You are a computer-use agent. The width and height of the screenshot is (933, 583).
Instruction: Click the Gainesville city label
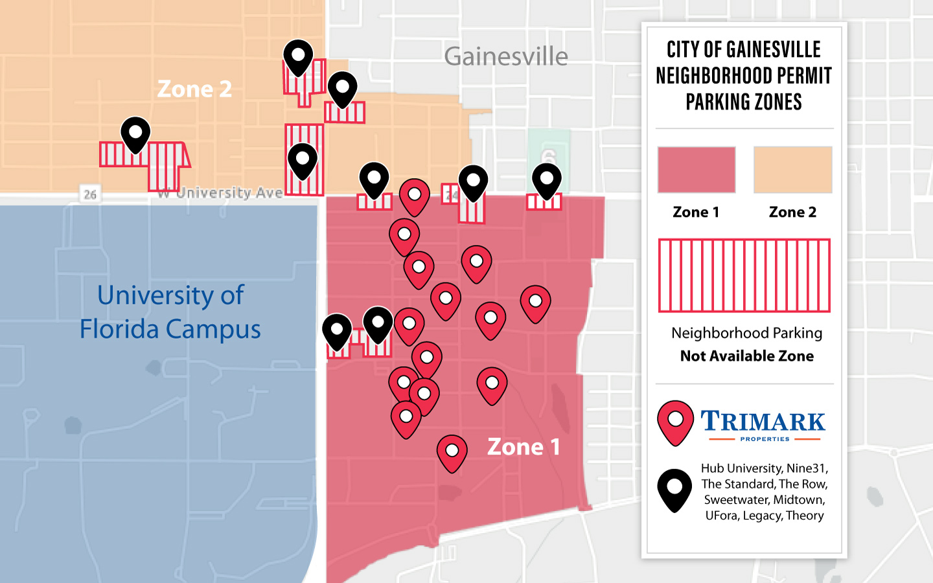click(505, 57)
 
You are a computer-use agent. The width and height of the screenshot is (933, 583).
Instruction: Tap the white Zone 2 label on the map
click(194, 89)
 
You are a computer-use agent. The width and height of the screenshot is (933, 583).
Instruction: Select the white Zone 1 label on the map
click(524, 447)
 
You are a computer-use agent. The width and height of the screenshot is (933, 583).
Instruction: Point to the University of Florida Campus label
click(170, 312)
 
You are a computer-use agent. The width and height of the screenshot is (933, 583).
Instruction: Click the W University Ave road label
click(220, 192)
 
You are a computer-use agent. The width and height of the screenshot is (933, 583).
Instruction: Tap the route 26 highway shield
click(90, 194)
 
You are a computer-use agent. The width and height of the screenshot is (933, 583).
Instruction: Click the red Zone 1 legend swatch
click(697, 170)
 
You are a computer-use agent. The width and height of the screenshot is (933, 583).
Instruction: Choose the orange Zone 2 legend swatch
click(792, 170)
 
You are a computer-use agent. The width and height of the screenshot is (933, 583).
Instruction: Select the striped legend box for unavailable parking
click(744, 275)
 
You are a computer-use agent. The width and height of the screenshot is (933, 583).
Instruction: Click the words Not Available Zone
click(746, 356)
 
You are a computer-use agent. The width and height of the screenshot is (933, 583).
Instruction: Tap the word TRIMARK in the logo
click(763, 422)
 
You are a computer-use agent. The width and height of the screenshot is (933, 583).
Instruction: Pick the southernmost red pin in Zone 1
click(452, 452)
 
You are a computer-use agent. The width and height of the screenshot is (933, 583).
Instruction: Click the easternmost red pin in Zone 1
click(535, 302)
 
